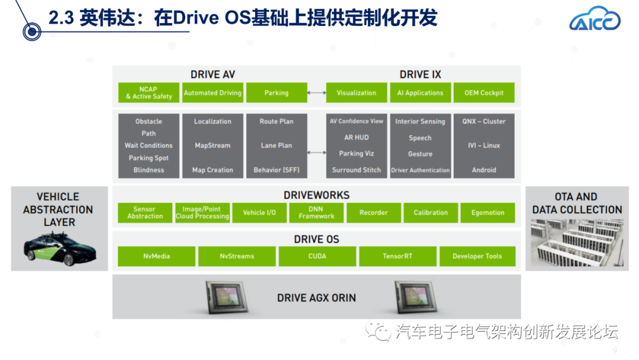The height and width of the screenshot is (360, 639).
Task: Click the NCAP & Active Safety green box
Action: click(149, 92)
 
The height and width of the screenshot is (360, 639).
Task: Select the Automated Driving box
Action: click(212, 92)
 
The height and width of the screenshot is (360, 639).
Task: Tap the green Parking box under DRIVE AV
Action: click(276, 92)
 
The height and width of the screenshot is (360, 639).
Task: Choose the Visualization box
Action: click(356, 92)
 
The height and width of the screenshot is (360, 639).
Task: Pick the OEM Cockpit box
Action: click(484, 92)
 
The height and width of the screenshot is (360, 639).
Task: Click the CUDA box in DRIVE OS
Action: click(317, 256)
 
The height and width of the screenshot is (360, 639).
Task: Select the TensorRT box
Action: click(398, 256)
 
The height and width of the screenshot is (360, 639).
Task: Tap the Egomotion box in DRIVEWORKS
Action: click(488, 213)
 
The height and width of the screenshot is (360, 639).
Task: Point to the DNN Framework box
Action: click(316, 213)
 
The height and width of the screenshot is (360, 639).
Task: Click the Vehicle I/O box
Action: click(259, 213)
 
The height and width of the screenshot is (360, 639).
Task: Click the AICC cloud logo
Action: click(595, 19)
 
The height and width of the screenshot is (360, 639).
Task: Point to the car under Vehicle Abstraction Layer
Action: click(60, 249)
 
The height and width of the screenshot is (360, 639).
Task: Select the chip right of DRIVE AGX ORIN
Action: click(416, 297)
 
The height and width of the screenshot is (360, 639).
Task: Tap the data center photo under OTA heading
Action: click(577, 243)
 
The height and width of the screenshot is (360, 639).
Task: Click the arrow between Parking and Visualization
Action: click(317, 93)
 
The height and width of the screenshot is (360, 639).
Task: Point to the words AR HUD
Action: click(356, 137)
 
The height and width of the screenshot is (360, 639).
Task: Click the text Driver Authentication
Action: click(420, 170)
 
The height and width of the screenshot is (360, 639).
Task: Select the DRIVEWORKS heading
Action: click(317, 195)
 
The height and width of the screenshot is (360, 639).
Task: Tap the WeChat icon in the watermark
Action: click(377, 330)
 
